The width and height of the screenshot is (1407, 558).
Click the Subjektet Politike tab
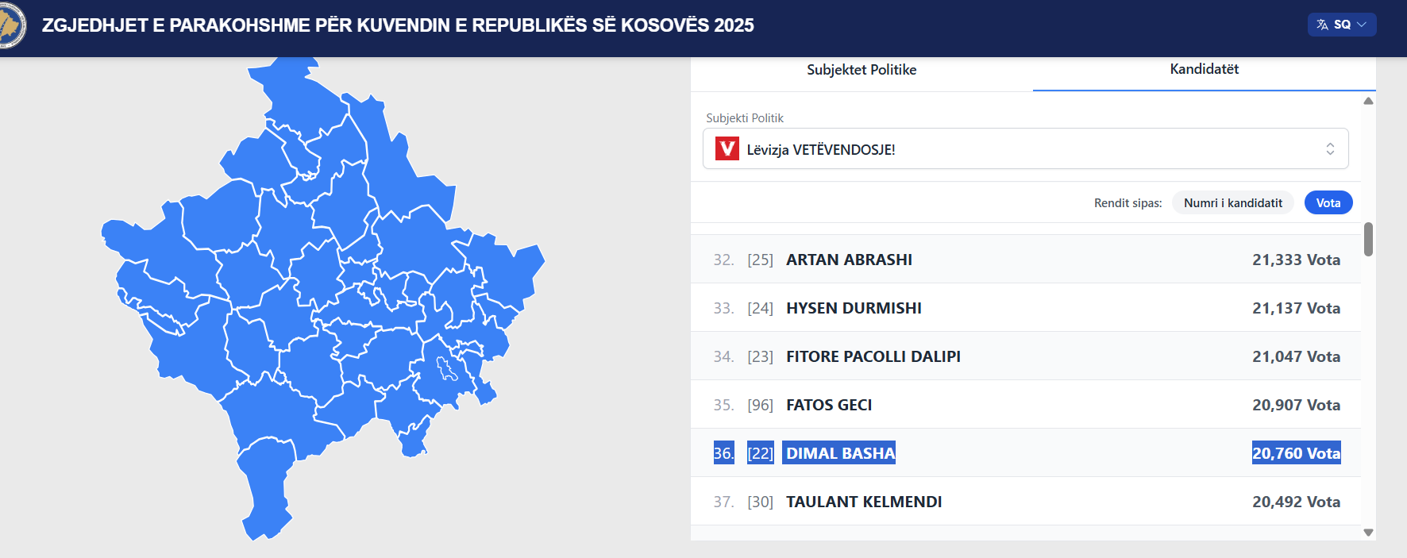[x=862, y=70]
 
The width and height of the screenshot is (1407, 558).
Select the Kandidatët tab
[x=1204, y=69]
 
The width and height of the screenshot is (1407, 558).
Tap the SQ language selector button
[x=1342, y=25]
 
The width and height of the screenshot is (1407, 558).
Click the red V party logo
[x=727, y=148]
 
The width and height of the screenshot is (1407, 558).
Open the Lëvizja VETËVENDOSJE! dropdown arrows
[x=1330, y=148]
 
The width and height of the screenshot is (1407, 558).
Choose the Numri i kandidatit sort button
[x=1233, y=203]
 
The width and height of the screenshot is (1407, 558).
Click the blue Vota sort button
[x=1328, y=203]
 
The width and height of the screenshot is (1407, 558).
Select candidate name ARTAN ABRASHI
[x=849, y=260]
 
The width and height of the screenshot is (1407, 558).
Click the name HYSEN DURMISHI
[x=854, y=308]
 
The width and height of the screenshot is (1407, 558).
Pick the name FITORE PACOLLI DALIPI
[x=873, y=356]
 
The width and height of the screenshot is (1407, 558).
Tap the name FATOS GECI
[x=829, y=405]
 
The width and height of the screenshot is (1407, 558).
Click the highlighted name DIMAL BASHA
[x=839, y=452]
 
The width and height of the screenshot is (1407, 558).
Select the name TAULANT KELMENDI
[x=864, y=502]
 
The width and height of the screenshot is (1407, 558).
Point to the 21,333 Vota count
[x=1296, y=260]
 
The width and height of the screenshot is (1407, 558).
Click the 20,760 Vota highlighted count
[x=1297, y=452]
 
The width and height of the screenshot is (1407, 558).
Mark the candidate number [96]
[x=760, y=405]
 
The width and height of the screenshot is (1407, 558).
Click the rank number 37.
[x=723, y=502]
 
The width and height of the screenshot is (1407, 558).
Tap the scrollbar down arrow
[x=1368, y=533]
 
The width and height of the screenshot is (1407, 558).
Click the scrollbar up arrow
[x=1368, y=101]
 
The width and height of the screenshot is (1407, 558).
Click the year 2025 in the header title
[x=734, y=25]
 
